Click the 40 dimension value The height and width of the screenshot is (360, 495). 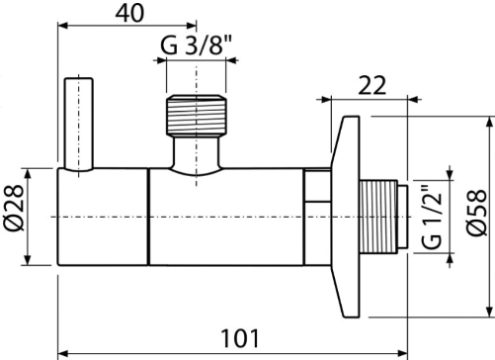pos(129,14)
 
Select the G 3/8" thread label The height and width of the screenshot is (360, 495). pos(197,45)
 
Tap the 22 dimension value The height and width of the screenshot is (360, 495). pos(371,85)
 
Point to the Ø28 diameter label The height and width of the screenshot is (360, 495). pos(14,208)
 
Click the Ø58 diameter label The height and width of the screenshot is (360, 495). pos(477,213)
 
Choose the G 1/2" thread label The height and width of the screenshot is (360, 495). pos(432,217)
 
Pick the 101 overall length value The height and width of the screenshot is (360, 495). pos(240,338)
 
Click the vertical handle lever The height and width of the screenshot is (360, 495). pos(79,125)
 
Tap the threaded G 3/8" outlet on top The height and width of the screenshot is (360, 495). pos(197,116)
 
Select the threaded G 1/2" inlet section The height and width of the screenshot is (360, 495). pos(378,217)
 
